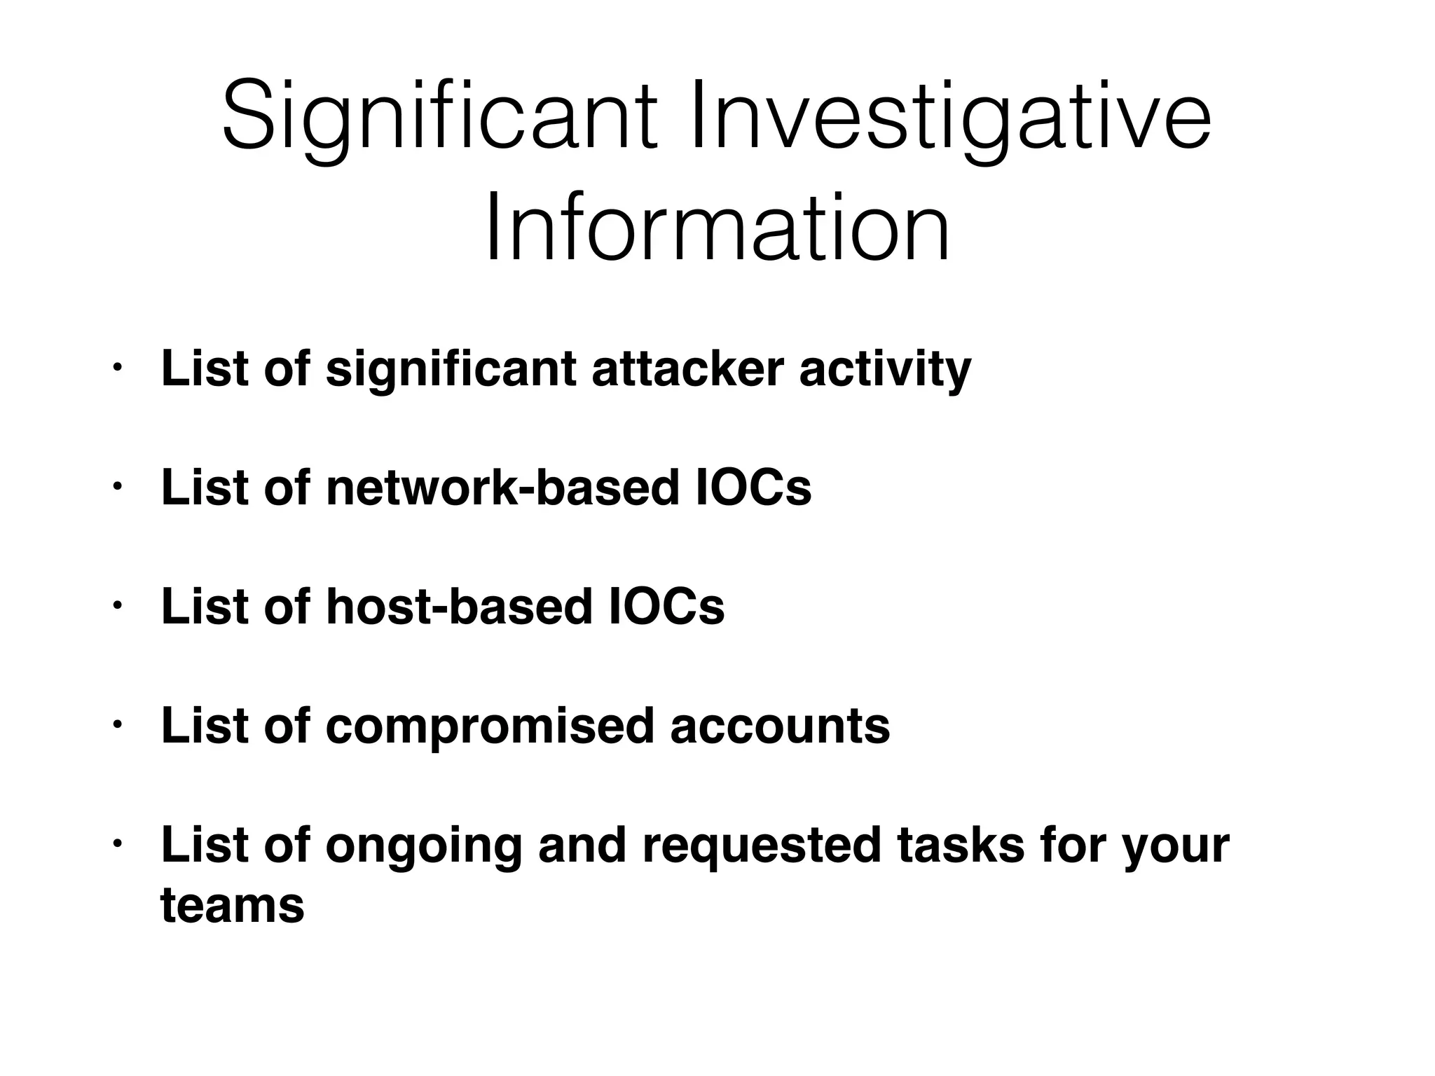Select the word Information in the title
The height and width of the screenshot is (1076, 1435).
point(717,228)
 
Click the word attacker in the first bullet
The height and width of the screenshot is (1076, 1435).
point(687,368)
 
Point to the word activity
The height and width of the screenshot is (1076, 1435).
point(885,368)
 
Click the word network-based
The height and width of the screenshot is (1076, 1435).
point(502,488)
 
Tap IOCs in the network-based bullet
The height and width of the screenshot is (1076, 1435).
point(755,488)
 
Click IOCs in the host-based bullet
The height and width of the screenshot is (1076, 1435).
point(667,607)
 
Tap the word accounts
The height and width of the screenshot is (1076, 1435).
point(780,726)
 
